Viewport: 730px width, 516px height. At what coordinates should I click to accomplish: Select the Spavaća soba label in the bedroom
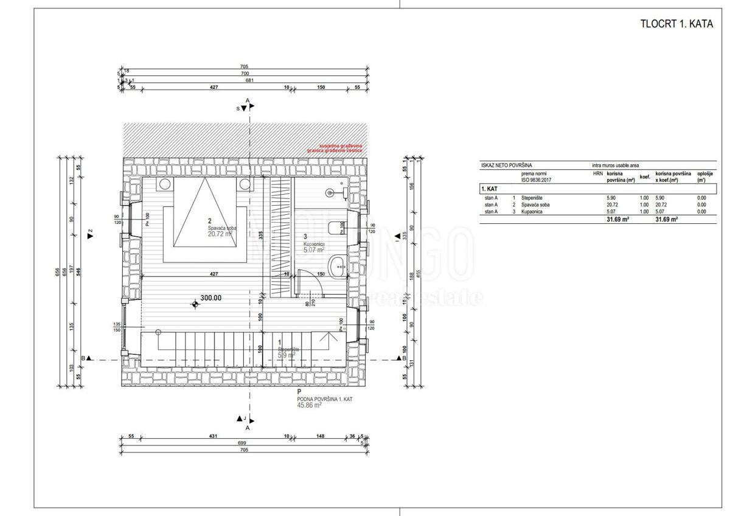221,228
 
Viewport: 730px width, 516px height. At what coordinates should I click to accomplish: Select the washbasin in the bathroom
338,265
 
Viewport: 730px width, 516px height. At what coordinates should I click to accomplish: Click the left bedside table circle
164,184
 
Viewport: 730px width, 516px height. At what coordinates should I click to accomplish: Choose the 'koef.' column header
645,177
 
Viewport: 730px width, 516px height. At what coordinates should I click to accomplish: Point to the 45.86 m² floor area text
309,404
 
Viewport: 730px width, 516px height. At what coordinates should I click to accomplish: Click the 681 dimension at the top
248,80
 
